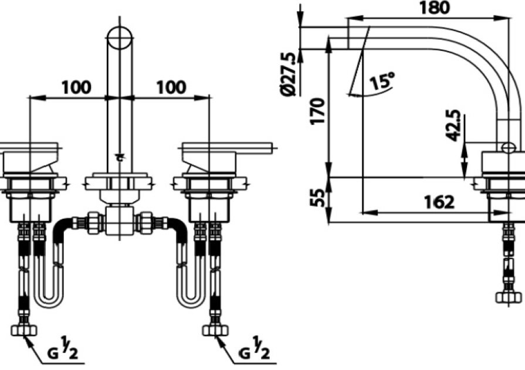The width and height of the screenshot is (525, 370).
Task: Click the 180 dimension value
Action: point(434,8)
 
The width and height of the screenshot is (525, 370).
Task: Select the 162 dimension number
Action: point(439,202)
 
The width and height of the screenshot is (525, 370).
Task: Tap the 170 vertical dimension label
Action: point(317,111)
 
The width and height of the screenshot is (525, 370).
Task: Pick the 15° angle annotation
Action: point(382,82)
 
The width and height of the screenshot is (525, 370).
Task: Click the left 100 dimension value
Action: point(76,87)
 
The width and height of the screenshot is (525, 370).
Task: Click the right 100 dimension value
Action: point(171,87)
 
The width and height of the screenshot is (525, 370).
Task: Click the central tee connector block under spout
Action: point(119,222)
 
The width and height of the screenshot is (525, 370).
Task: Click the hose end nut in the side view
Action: point(509,297)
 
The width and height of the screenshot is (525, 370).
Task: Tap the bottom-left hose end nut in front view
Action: point(23,330)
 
